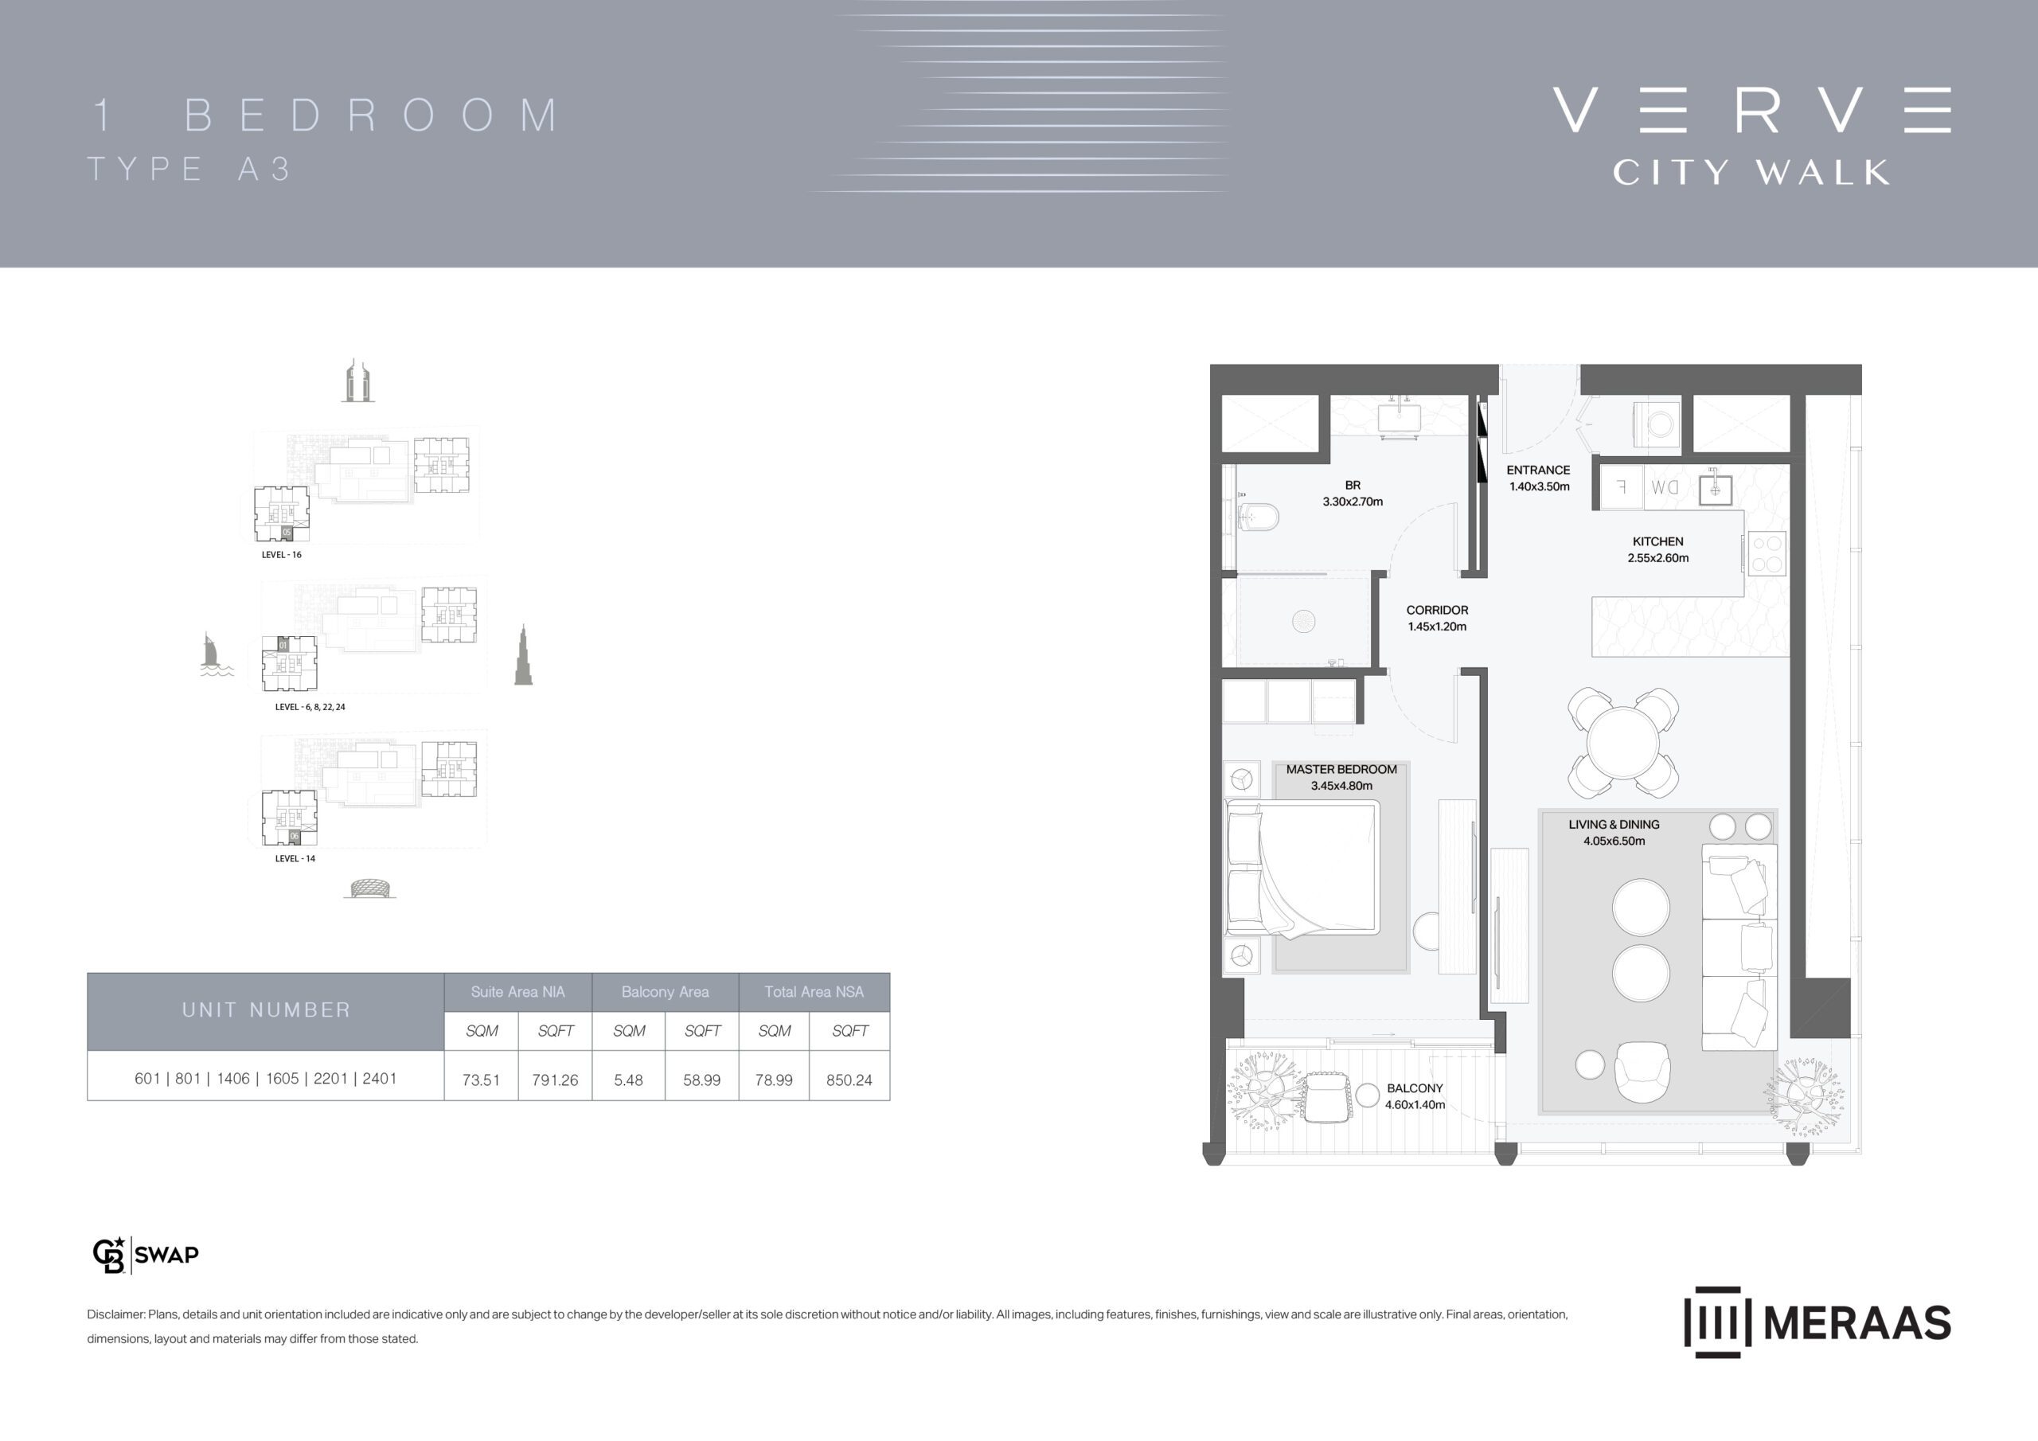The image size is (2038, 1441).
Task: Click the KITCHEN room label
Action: [x=1657, y=541]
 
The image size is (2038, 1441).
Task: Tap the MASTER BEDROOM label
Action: [x=1341, y=770]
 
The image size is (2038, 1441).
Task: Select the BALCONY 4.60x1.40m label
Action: [x=1415, y=1096]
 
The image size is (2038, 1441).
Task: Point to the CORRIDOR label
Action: [x=1437, y=610]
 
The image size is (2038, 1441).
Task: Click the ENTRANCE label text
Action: [x=1538, y=471]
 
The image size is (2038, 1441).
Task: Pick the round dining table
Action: [x=1622, y=743]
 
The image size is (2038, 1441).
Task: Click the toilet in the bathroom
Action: [x=1257, y=517]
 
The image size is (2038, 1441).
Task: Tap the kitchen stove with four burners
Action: [x=1767, y=553]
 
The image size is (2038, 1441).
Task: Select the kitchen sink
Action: [x=1715, y=489]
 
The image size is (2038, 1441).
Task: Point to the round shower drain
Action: [x=1303, y=622]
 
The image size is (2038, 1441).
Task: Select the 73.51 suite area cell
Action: [x=481, y=1080]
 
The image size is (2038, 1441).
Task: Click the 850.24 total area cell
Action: [x=849, y=1080]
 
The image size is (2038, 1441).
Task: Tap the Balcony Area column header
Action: [x=665, y=992]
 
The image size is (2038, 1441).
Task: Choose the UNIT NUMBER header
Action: [x=266, y=1009]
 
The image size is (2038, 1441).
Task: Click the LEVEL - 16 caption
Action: [x=281, y=555]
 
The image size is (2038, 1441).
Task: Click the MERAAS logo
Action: [x=1817, y=1322]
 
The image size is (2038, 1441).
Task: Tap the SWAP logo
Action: [x=146, y=1255]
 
